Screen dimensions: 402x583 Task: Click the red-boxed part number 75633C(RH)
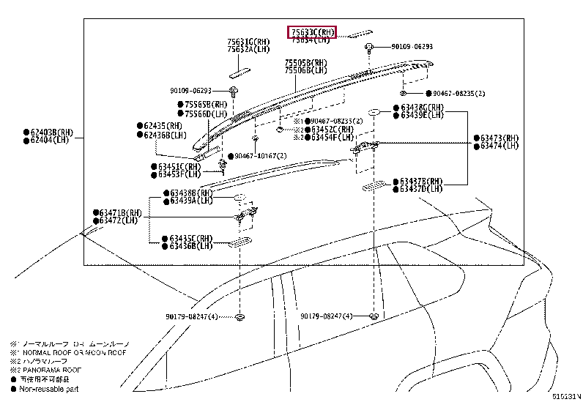312,32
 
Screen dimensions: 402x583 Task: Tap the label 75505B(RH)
306,64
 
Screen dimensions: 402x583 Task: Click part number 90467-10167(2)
261,156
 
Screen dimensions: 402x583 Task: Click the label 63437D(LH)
421,189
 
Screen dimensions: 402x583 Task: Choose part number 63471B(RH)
119,212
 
